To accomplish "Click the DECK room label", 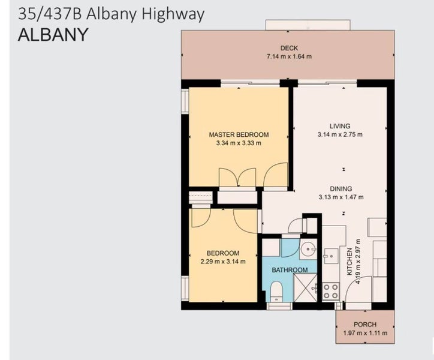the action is pyautogui.click(x=289, y=48).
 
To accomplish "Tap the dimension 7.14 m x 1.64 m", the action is pyautogui.click(x=289, y=56).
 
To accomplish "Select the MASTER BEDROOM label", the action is pyautogui.click(x=239, y=134).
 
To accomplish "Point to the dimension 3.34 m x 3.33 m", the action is pyautogui.click(x=239, y=143).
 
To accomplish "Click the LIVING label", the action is pyautogui.click(x=340, y=126).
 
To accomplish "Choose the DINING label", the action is pyautogui.click(x=341, y=189).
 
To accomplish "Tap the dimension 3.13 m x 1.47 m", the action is pyautogui.click(x=341, y=197).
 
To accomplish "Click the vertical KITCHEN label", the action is pyautogui.click(x=349, y=262).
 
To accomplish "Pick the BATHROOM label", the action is pyautogui.click(x=290, y=270).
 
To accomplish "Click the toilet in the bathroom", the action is pyautogui.click(x=276, y=292).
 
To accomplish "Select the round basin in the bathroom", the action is pyautogui.click(x=308, y=249).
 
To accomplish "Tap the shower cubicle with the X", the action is pyautogui.click(x=305, y=287).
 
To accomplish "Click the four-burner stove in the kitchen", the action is pyautogui.click(x=331, y=291).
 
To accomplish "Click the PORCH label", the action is pyautogui.click(x=365, y=324).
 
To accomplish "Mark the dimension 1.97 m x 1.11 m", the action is pyautogui.click(x=365, y=333).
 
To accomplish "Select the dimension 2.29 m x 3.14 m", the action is pyautogui.click(x=223, y=262).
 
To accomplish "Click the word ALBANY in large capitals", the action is pyautogui.click(x=53, y=35).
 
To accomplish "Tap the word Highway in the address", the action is pyautogui.click(x=173, y=14).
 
